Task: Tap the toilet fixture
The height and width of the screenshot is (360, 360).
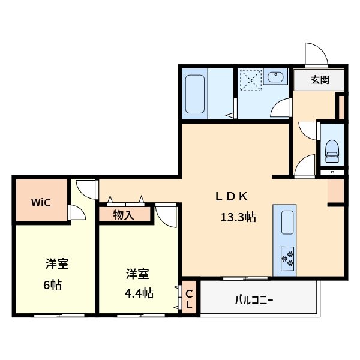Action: pyautogui.click(x=332, y=151)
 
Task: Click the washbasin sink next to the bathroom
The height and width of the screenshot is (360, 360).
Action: pyautogui.click(x=276, y=77)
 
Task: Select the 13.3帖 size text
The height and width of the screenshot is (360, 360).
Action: pyautogui.click(x=238, y=217)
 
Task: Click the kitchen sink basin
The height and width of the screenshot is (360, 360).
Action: pyautogui.click(x=286, y=224)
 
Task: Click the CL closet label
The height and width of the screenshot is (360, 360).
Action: pyautogui.click(x=188, y=299)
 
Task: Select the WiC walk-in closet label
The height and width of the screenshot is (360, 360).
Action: pyautogui.click(x=40, y=202)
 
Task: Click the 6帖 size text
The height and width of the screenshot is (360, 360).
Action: pyautogui.click(x=52, y=284)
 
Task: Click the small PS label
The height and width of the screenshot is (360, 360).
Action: pyautogui.click(x=332, y=173)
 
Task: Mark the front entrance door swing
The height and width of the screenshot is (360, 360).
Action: pyautogui.click(x=316, y=56)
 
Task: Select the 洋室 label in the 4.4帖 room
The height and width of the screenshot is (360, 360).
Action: pyautogui.click(x=137, y=274)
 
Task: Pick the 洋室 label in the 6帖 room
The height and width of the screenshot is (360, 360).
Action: pyautogui.click(x=56, y=264)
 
